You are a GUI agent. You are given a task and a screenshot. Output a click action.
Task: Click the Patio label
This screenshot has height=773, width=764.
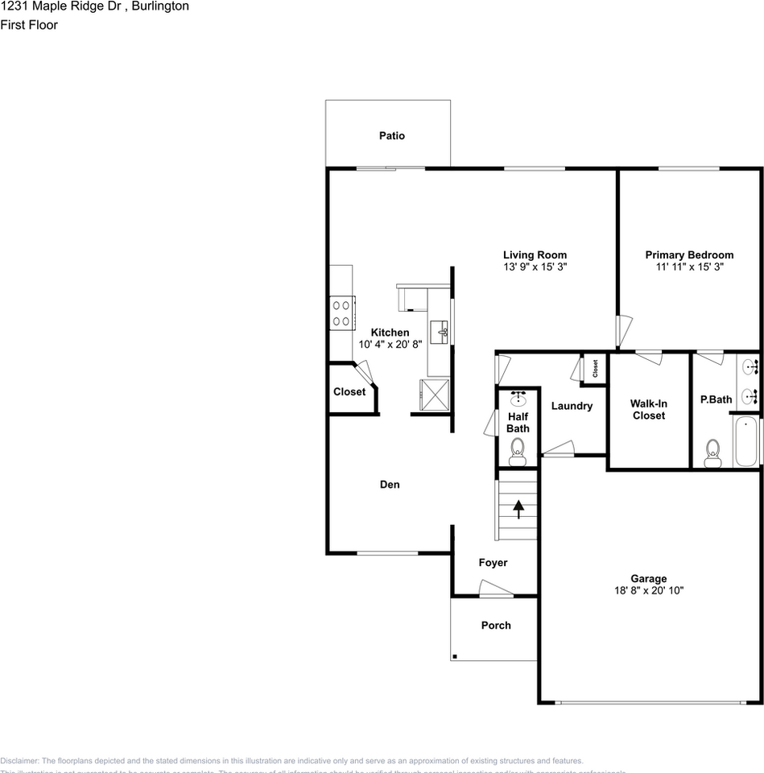392,136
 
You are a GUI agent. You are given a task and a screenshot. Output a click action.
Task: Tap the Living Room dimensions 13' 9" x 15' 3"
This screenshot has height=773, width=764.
535,267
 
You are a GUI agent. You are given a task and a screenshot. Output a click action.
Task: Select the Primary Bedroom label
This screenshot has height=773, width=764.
689,255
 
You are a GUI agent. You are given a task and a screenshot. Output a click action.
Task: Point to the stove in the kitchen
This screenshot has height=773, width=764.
341,312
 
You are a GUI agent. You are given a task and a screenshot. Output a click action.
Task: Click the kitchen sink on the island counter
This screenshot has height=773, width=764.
440,330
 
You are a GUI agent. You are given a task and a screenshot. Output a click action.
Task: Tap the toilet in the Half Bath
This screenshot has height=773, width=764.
517,453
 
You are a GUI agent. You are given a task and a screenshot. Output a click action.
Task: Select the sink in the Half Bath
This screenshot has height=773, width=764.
518,399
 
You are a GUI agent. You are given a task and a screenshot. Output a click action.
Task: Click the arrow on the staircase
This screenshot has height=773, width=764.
518,509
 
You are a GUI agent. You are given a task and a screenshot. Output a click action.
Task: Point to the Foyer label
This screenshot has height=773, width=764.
493,563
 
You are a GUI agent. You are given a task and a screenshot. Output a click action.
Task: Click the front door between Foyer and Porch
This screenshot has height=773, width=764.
494,593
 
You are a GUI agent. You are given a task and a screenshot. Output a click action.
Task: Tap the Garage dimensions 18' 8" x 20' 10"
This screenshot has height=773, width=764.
648,590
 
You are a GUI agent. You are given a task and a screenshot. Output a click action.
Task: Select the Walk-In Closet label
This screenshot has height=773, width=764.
648,409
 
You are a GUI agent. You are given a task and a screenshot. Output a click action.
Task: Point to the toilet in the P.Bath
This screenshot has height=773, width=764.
712,453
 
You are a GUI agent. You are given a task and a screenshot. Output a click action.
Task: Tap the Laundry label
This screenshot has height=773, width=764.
572,406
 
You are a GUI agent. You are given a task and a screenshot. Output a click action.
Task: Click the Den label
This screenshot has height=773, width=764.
390,485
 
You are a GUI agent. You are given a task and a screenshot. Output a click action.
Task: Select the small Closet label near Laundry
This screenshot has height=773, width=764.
595,369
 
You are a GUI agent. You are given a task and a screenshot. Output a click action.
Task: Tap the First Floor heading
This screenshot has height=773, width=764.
29,25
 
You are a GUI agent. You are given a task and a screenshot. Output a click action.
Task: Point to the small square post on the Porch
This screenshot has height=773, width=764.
455,657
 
